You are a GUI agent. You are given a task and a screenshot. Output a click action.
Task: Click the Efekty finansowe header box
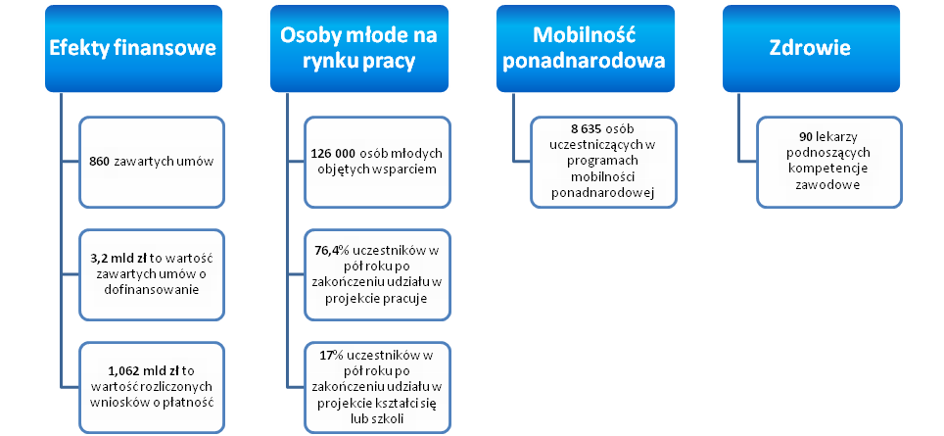point(133,49)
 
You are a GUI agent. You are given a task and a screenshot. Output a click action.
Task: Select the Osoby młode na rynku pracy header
point(358,49)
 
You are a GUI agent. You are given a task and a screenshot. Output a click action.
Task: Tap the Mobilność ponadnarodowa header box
point(585,49)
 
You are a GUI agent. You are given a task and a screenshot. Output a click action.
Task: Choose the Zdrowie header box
point(811,49)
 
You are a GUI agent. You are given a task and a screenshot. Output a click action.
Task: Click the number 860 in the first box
point(99,162)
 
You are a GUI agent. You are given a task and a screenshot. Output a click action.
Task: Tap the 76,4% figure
point(326,251)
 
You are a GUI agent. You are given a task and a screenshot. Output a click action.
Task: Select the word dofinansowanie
point(151,290)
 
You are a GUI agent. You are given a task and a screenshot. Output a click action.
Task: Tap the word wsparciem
point(408,170)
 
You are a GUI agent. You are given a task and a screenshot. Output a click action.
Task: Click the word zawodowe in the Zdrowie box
point(829,185)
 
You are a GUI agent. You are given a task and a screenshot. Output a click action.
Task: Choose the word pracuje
point(406,298)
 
